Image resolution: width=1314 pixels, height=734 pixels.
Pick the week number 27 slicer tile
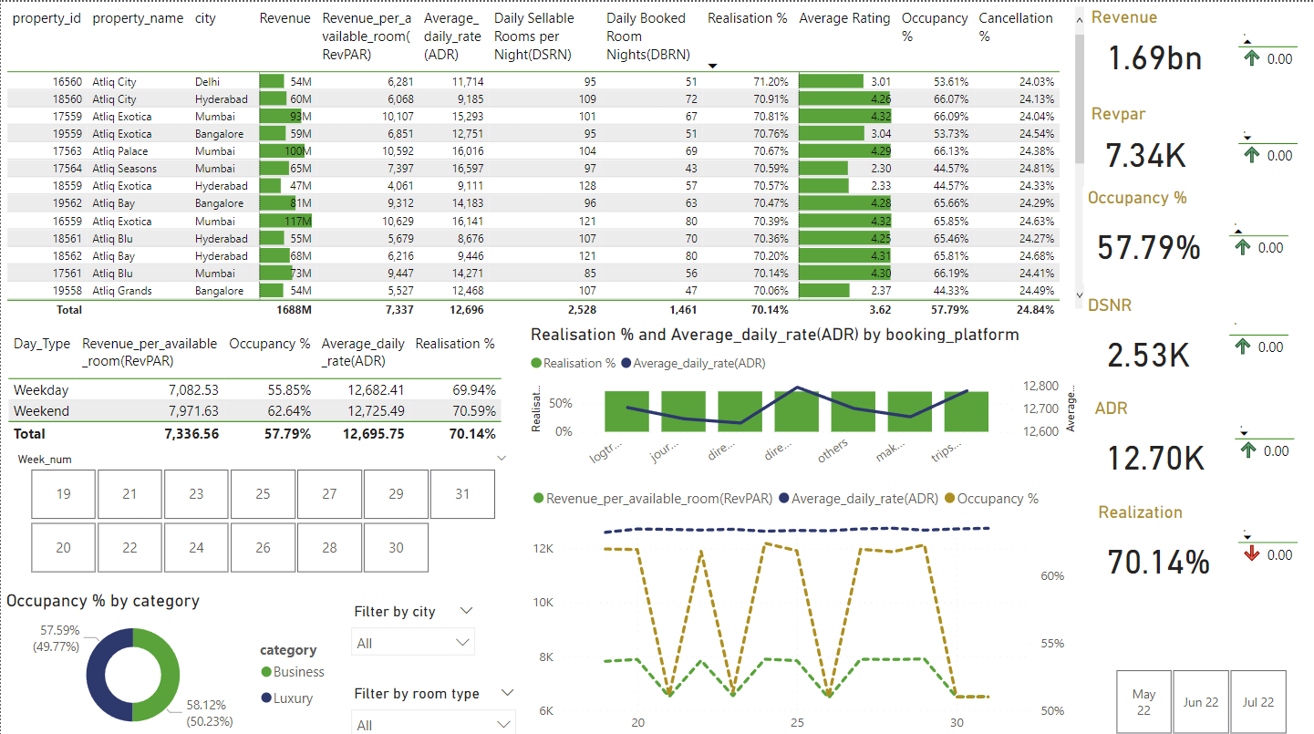(x=329, y=494)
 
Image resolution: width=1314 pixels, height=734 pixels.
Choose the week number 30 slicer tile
(x=396, y=547)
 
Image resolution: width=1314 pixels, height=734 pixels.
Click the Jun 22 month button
(x=1200, y=702)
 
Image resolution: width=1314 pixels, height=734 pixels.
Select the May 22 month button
(x=1143, y=702)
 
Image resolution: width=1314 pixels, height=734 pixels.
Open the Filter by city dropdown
(x=413, y=643)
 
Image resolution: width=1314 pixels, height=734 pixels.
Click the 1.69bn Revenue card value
(x=1154, y=58)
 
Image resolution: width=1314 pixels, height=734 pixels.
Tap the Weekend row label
(x=41, y=411)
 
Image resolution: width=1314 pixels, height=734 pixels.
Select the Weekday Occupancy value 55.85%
(x=283, y=390)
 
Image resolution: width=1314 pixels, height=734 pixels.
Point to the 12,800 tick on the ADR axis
(x=1040, y=386)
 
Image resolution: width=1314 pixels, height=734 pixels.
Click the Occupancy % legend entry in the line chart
(x=996, y=499)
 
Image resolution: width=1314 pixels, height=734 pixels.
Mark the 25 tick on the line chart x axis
(x=798, y=722)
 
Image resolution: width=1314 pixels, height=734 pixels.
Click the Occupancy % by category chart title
(x=102, y=601)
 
